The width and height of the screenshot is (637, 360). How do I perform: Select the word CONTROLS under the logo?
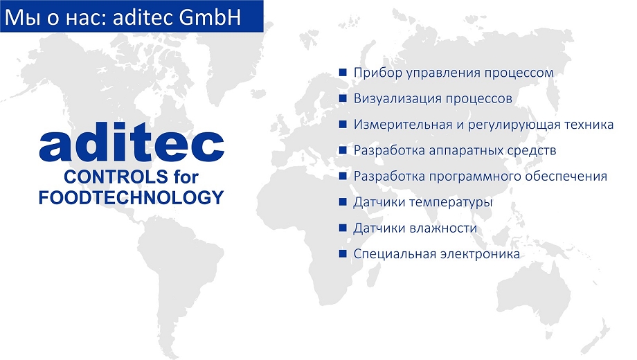click(116, 177)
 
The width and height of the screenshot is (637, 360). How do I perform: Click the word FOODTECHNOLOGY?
click(132, 197)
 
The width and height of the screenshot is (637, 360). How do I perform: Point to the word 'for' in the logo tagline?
click(186, 177)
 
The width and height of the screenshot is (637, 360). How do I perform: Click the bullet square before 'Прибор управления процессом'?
click(343, 72)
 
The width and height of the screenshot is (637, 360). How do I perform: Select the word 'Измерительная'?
click(402, 125)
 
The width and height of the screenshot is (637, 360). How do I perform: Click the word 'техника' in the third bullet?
click(589, 125)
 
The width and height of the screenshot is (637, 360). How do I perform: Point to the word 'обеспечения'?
click(566, 177)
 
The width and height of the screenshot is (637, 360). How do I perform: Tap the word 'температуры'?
click(451, 202)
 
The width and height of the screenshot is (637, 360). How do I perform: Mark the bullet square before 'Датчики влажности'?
click(343, 228)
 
